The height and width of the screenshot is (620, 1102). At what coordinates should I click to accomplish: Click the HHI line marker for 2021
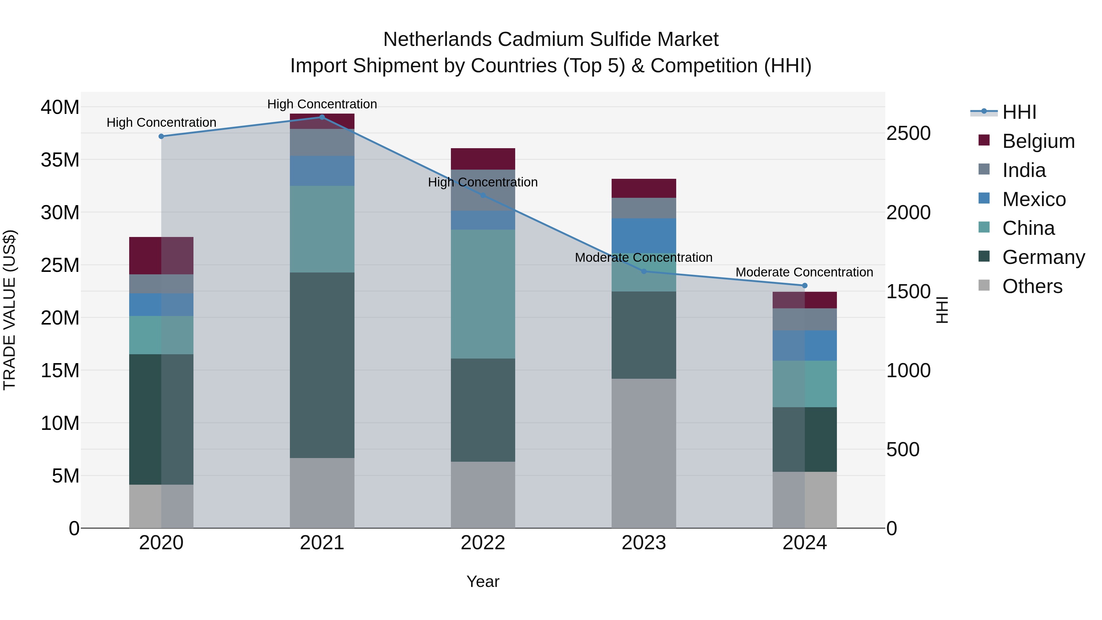pos(322,117)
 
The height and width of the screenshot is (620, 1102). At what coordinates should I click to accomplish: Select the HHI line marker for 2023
pos(644,271)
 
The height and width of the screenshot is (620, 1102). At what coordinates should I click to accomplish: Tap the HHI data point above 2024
pos(805,285)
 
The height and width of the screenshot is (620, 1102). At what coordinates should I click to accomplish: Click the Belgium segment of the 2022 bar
pos(483,159)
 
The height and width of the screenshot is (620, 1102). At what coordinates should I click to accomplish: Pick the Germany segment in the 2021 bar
pos(322,365)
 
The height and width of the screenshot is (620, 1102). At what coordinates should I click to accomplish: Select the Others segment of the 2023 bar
pos(644,453)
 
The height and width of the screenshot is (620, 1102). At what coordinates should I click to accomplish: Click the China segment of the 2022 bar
pos(483,294)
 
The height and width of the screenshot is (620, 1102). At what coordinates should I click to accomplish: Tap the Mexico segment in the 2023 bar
pos(644,235)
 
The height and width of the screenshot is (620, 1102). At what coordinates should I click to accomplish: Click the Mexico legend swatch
pos(984,198)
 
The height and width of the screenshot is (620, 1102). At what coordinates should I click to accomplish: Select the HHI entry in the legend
pos(1019,112)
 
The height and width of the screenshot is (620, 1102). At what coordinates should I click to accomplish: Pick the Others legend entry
pos(1032,286)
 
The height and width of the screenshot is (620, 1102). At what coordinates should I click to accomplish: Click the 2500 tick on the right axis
pos(908,133)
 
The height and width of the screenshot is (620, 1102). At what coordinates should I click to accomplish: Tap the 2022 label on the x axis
pos(483,543)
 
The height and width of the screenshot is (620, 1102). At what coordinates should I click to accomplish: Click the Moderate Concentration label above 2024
pos(804,272)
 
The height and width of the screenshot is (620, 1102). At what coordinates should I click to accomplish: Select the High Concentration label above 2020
pos(161,122)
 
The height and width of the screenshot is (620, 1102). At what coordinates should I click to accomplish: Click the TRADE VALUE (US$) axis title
pos(9,310)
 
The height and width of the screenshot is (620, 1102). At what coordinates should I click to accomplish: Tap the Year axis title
pos(483,581)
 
